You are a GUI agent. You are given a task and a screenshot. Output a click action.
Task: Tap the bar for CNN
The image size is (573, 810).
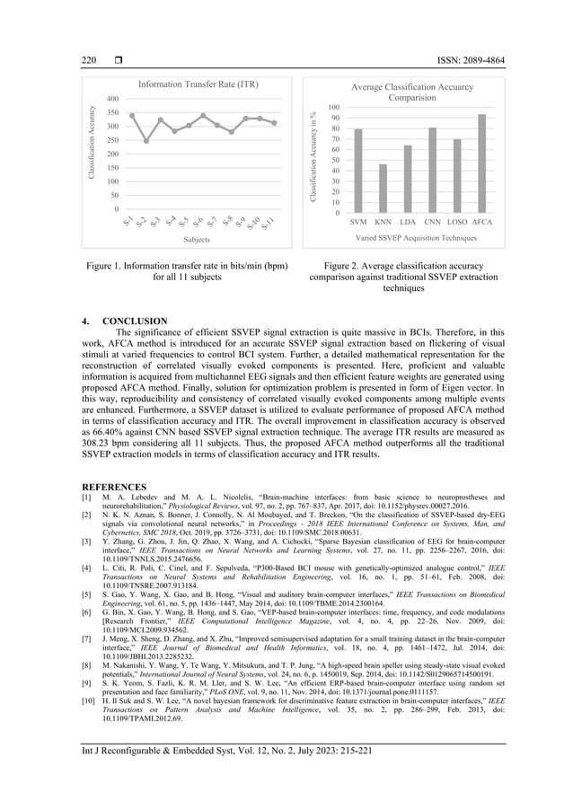pyautogui.click(x=432, y=170)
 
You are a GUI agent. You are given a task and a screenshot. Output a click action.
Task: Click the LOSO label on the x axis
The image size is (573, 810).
pyautogui.click(x=456, y=221)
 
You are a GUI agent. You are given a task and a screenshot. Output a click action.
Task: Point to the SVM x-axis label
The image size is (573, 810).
pyautogui.click(x=358, y=221)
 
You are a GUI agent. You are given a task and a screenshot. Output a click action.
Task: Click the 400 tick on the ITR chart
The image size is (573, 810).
pyautogui.click(x=111, y=99)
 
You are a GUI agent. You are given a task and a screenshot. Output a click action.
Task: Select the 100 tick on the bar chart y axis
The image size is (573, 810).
pyautogui.click(x=333, y=108)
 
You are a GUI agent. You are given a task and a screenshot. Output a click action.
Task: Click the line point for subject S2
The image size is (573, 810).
pyautogui.click(x=146, y=141)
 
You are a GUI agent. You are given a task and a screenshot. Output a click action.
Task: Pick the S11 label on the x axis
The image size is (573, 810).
pyautogui.click(x=269, y=223)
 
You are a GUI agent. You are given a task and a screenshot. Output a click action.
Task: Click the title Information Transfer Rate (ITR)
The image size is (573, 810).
pyautogui.click(x=198, y=84)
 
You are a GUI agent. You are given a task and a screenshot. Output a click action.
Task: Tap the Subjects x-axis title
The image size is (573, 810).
pyautogui.click(x=197, y=240)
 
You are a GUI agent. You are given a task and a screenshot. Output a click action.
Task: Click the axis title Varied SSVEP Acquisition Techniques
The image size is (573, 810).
pyautogui.click(x=416, y=238)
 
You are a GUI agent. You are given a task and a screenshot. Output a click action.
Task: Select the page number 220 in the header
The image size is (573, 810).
pyautogui.click(x=89, y=60)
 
